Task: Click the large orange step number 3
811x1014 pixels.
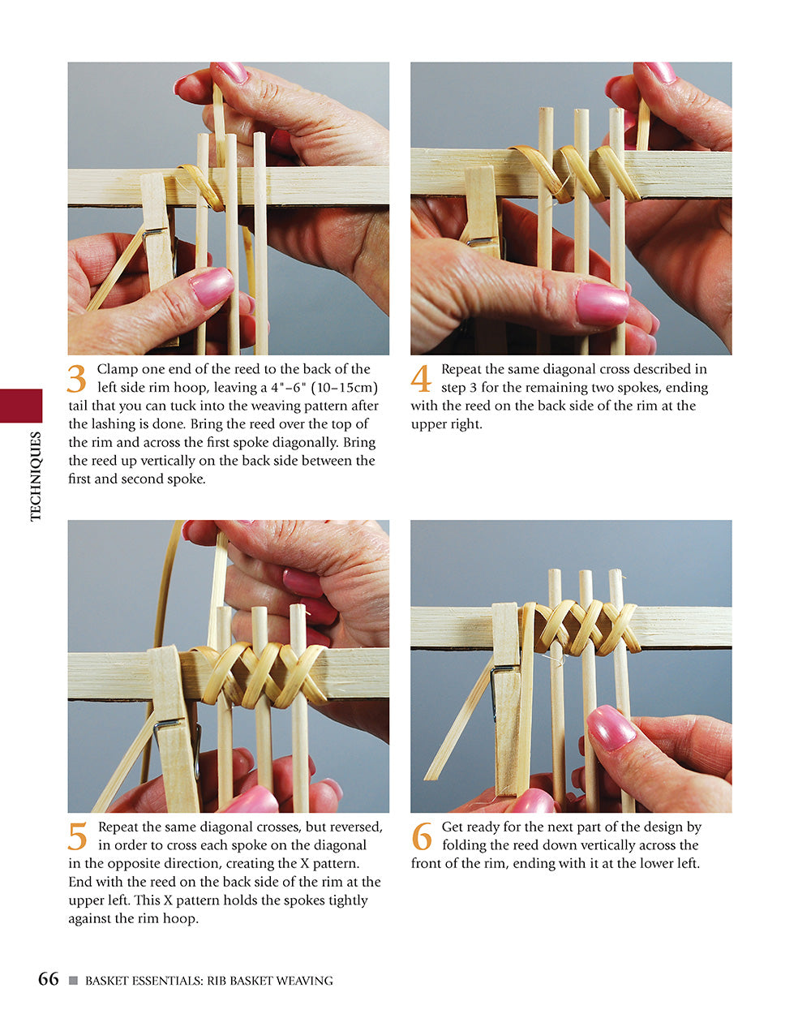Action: click(76, 380)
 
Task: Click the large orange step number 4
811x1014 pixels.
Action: click(421, 380)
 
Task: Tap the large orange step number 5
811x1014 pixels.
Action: click(77, 837)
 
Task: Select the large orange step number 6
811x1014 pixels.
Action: click(422, 837)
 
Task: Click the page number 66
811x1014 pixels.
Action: click(49, 979)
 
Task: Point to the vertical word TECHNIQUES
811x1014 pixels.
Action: click(35, 476)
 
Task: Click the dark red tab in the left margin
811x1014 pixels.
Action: click(21, 406)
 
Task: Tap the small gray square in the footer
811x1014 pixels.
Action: click(73, 981)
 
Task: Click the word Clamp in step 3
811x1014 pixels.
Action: click(116, 369)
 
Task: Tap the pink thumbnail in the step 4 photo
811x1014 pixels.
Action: click(602, 303)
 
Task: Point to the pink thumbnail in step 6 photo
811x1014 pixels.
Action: click(611, 728)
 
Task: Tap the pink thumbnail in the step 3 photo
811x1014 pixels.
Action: click(212, 286)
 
